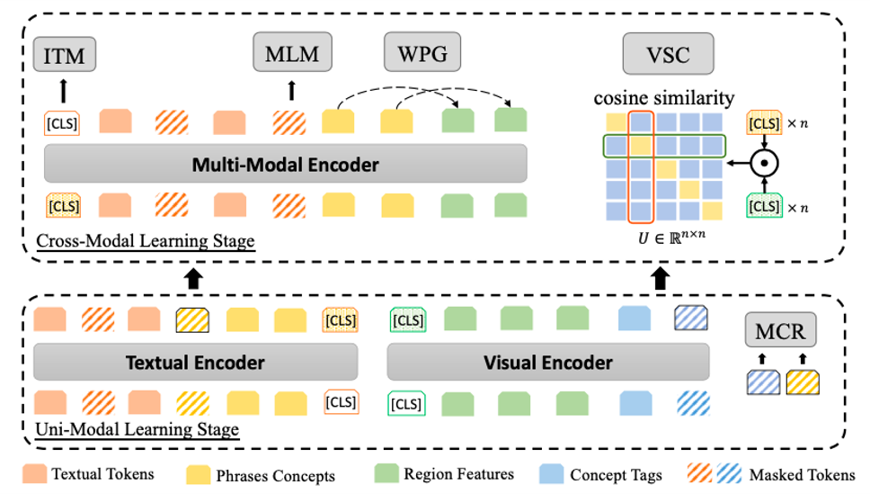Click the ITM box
click(64, 56)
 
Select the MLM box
click(292, 53)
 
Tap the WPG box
click(416, 53)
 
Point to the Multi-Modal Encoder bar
click(285, 165)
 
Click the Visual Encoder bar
click(547, 363)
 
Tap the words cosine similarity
click(663, 97)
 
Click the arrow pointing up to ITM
click(62, 90)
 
